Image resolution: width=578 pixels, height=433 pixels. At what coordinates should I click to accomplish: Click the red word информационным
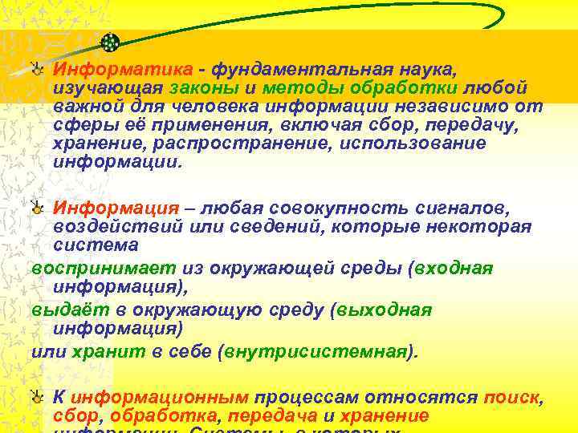point(158,398)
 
